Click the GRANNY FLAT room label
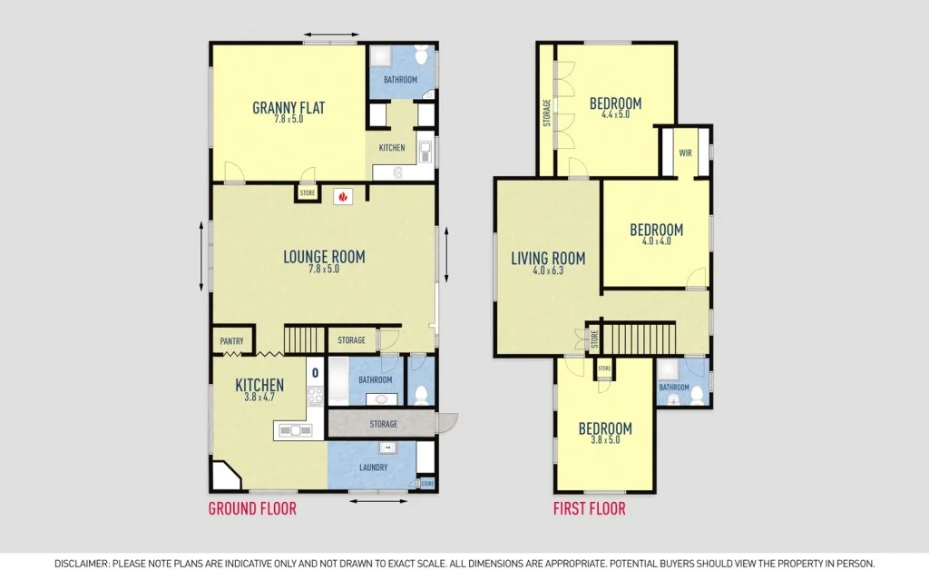tap(288, 108)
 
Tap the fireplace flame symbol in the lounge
tap(343, 194)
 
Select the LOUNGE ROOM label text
tap(324, 257)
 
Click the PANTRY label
tap(231, 341)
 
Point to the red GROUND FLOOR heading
tap(252, 508)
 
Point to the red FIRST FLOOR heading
tap(590, 508)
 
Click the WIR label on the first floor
tap(685, 153)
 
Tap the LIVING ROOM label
tap(548, 259)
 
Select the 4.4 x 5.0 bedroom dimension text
tap(615, 114)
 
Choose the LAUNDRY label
tap(373, 467)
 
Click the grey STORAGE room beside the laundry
tap(383, 424)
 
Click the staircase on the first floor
tap(640, 338)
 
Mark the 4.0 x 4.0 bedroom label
tap(656, 231)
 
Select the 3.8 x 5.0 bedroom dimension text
tap(605, 441)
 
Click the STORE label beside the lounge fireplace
tap(308, 192)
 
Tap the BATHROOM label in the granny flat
tap(400, 80)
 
